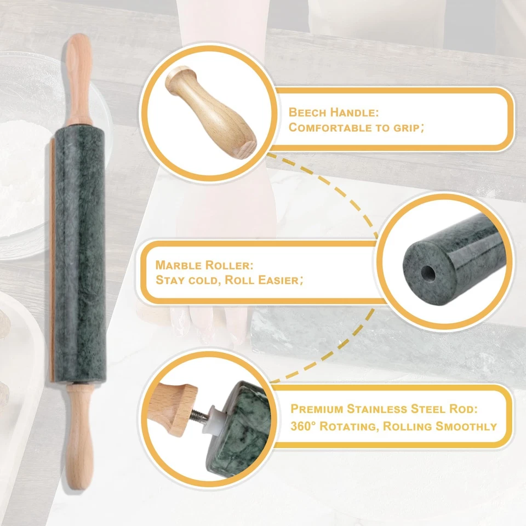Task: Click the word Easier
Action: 277,281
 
